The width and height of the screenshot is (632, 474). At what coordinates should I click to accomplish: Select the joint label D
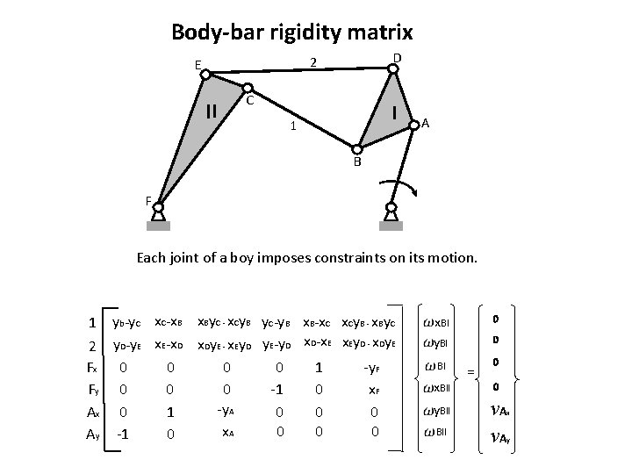coord(397,58)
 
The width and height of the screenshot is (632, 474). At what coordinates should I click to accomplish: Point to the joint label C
coord(250,100)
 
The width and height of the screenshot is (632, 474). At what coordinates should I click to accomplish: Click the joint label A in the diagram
coord(425,123)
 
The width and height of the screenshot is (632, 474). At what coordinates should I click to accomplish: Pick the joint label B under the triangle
coord(357,162)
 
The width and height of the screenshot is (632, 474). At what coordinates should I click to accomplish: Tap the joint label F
coord(148,200)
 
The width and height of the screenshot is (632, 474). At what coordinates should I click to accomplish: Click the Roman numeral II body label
coord(211,111)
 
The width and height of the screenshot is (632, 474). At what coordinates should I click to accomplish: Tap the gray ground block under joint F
coord(158,226)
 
